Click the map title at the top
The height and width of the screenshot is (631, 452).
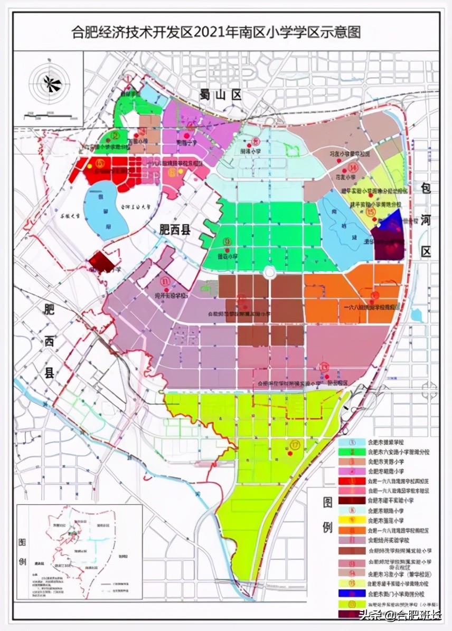[216, 33]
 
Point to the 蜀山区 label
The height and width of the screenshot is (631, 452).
[220, 95]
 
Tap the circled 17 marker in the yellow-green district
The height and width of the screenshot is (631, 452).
[294, 445]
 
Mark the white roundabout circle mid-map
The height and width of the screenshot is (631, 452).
[269, 272]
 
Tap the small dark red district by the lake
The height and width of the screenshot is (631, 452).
[101, 261]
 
